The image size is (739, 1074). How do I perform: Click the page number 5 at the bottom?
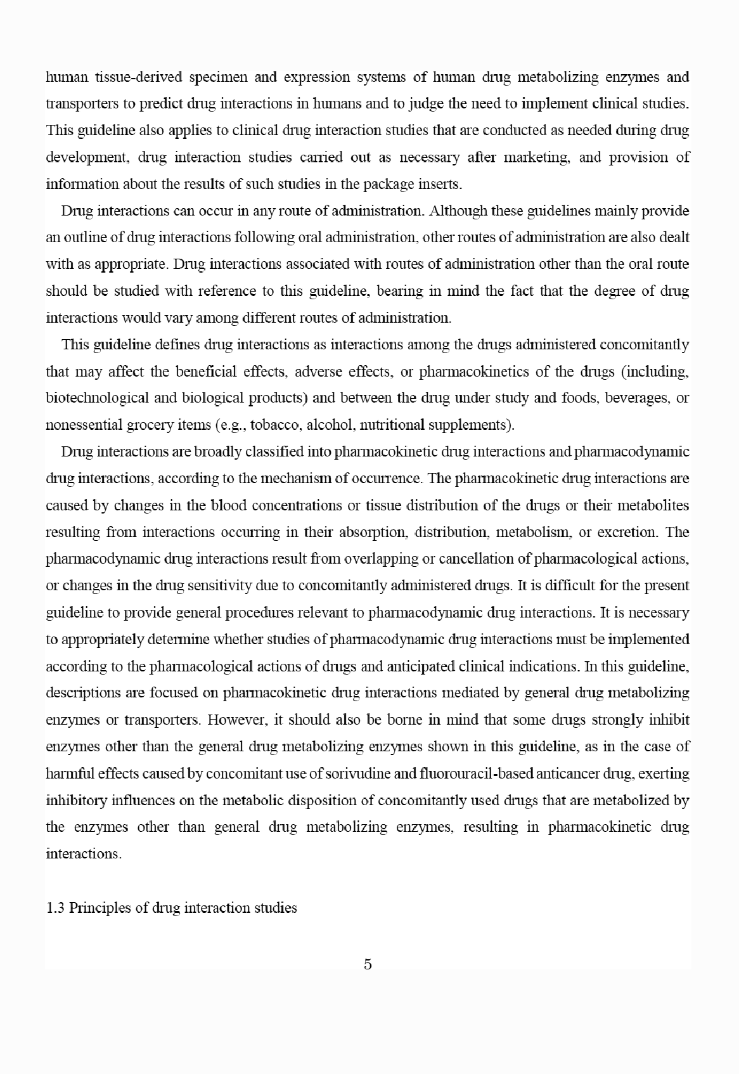coord(368,964)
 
